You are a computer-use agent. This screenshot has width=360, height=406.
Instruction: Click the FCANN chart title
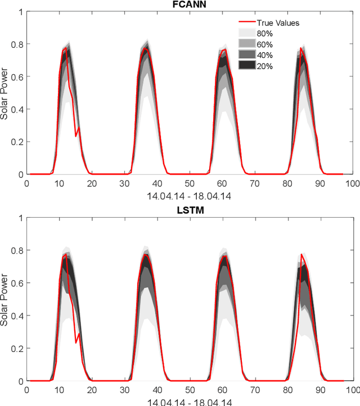click(190, 5)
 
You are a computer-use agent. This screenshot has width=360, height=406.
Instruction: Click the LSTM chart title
click(190, 211)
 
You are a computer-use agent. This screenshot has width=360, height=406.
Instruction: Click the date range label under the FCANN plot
click(190, 196)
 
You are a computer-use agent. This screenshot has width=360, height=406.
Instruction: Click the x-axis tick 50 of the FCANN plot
click(190, 183)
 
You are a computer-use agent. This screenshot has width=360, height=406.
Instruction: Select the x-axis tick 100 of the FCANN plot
click(352, 183)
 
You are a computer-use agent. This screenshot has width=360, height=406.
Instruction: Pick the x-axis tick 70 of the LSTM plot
click(255, 390)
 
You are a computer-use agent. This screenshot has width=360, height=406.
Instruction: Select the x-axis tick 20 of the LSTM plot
click(92, 390)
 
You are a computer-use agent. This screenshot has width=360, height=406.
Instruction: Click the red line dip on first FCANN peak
click(76, 136)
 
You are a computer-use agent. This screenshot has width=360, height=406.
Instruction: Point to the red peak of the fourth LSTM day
click(301, 255)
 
